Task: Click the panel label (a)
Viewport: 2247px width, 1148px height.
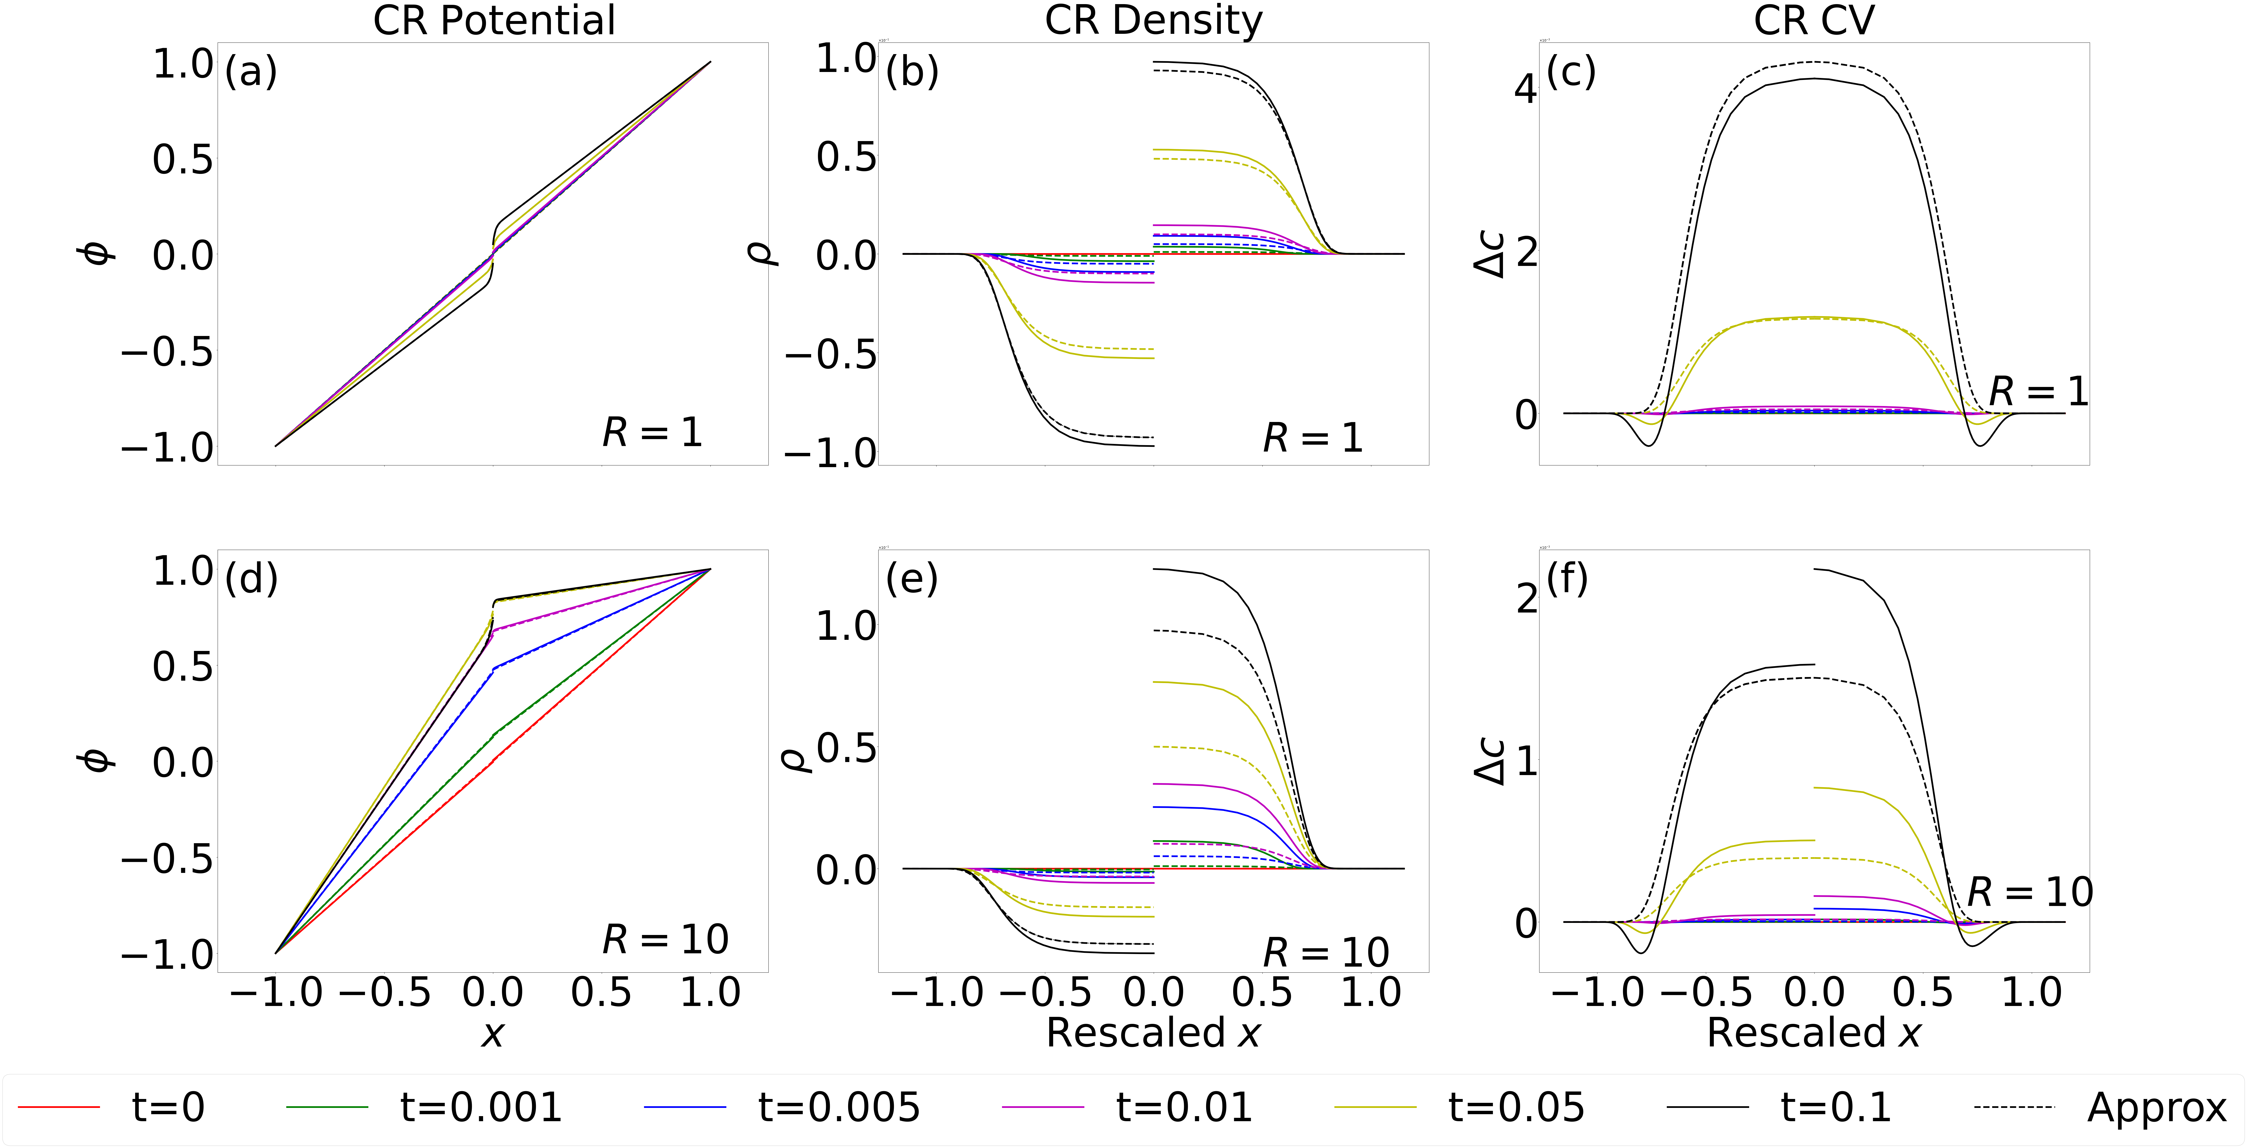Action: [251, 71]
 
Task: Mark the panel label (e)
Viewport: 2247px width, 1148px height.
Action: [912, 578]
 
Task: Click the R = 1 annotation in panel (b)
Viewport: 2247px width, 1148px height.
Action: [1313, 438]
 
